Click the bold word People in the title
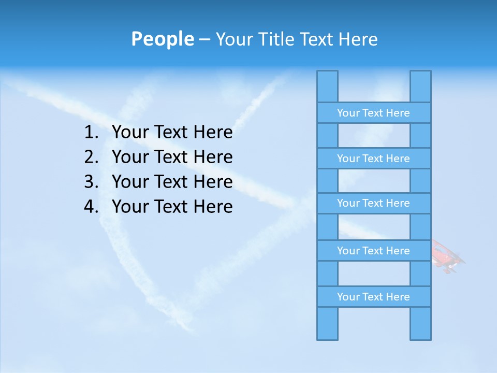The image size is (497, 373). (x=162, y=39)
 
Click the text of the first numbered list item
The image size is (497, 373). (x=172, y=133)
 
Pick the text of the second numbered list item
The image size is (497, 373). (x=172, y=157)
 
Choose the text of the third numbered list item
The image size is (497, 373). (x=172, y=182)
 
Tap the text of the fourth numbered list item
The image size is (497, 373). (x=172, y=207)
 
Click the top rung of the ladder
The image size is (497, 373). (x=373, y=113)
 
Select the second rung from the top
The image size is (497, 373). (x=373, y=159)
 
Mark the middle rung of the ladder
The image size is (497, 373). (x=373, y=204)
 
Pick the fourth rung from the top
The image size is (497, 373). (x=373, y=251)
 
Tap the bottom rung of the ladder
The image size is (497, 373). (x=373, y=297)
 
